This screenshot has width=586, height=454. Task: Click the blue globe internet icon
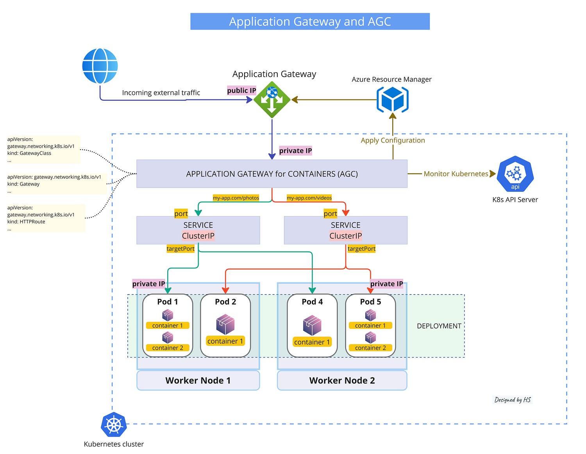[100, 66]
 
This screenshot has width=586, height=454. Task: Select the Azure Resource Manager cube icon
[392, 99]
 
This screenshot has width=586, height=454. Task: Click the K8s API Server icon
[515, 173]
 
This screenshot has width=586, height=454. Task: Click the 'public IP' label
[241, 90]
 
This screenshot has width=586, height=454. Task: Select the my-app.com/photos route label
[236, 198]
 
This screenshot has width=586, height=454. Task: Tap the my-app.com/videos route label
[309, 198]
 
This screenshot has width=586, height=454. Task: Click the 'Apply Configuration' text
[393, 140]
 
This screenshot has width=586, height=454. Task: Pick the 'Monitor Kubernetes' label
[456, 173]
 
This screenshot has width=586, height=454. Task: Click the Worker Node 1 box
[198, 380]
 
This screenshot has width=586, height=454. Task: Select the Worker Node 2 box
[342, 380]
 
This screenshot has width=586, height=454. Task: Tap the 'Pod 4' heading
[312, 301]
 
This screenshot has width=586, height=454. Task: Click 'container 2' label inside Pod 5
[370, 347]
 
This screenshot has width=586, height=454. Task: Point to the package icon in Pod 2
[225, 324]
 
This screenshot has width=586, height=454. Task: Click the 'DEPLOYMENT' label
[439, 326]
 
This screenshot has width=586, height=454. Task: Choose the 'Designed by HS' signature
[512, 400]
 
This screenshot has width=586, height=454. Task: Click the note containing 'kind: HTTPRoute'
[46, 218]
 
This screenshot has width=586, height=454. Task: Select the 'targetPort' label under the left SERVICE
[180, 248]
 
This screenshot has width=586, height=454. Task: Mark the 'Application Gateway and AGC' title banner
[310, 21]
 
